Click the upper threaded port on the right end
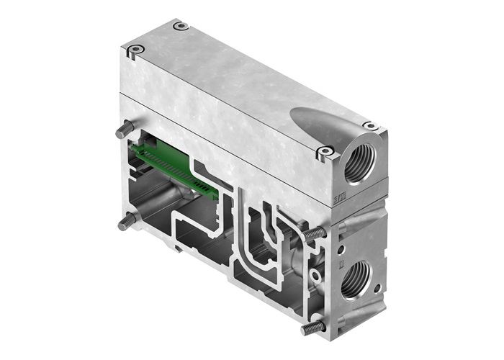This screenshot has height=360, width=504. pos(357,164)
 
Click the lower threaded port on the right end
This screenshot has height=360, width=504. pos(355,278)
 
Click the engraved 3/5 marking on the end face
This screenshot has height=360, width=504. pos(343,197)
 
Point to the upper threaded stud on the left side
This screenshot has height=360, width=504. pos(125,129)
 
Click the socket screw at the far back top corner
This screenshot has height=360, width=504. pos(181,26)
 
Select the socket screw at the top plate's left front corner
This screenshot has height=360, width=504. pos(135,50)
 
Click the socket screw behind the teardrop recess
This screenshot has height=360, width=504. pos(369,126)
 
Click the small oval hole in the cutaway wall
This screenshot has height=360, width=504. pos(315,274)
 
